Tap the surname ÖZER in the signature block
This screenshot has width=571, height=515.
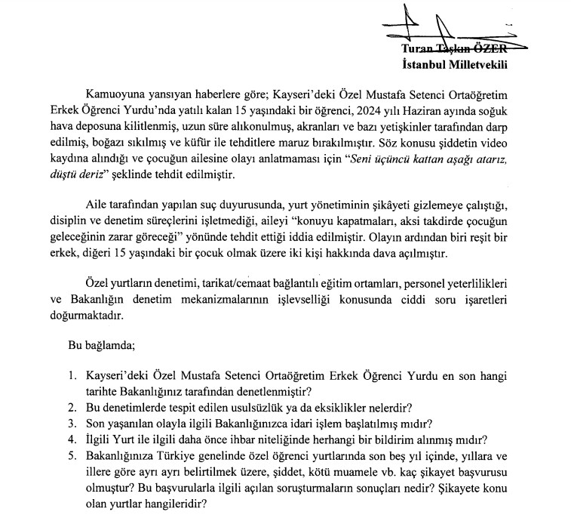[x=490, y=50]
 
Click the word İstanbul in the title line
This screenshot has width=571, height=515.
[x=423, y=64]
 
